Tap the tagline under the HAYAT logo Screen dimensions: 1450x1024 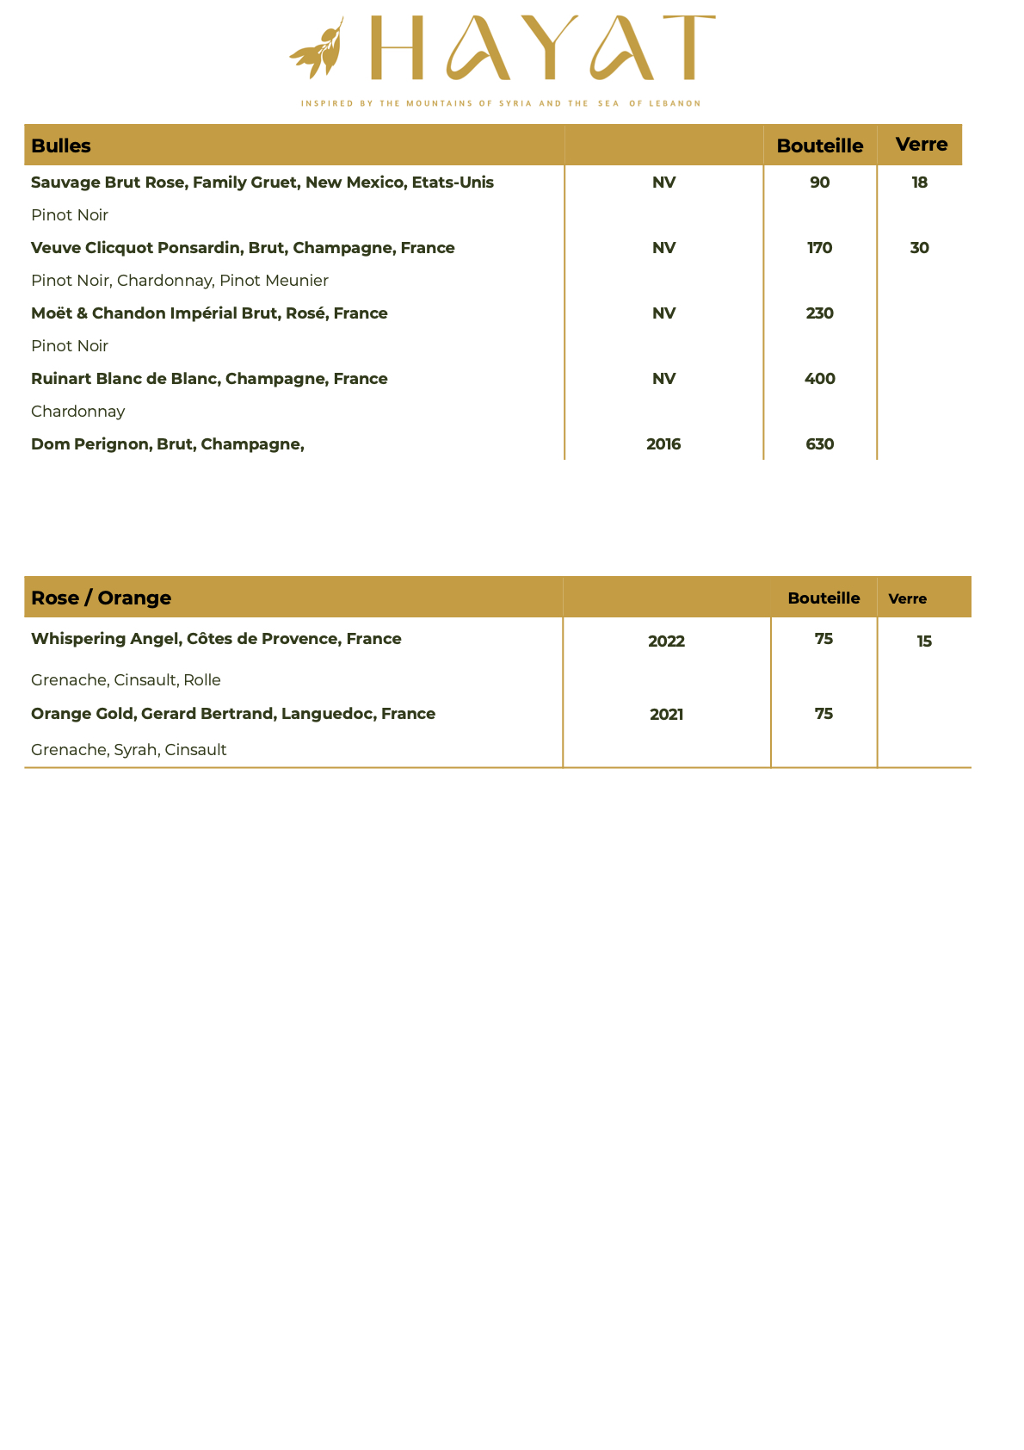(501, 103)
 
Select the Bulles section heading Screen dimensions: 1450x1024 (61, 146)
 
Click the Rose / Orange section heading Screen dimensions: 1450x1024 (101, 598)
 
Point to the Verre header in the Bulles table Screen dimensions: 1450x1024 (921, 144)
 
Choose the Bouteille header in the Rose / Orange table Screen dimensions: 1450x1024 (824, 598)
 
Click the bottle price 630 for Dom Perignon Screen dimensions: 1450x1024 (819, 444)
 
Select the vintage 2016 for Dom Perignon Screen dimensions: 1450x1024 (663, 444)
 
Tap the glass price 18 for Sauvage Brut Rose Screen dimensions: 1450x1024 (919, 183)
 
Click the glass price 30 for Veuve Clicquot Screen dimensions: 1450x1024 (919, 248)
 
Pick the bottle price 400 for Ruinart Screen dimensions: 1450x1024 (819, 379)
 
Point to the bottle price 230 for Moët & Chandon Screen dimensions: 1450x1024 (819, 313)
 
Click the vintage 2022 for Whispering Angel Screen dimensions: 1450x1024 (666, 641)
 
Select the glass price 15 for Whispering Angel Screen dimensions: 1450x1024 (924, 641)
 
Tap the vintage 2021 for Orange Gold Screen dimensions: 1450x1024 (666, 715)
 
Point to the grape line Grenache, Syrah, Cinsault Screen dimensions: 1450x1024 (129, 750)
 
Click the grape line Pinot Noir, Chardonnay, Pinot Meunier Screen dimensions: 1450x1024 (180, 281)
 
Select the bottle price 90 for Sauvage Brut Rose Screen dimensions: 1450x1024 (819, 183)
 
